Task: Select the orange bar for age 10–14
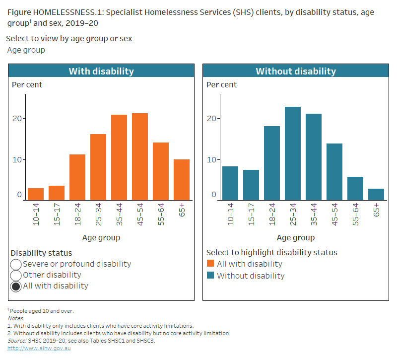36,194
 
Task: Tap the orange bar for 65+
181,180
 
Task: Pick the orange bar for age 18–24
77,177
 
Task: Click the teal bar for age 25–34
292,153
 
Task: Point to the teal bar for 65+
376,195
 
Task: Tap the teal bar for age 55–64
355,189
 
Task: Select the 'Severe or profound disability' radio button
16,265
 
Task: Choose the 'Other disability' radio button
16,275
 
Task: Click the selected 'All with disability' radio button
16,286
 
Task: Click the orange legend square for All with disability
210,264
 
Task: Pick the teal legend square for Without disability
210,276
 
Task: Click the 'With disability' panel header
101,71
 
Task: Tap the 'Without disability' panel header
295,71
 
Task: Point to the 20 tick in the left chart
19,119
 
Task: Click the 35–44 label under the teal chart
314,215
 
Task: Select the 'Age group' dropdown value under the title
26,50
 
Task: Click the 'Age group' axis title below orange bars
101,238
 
